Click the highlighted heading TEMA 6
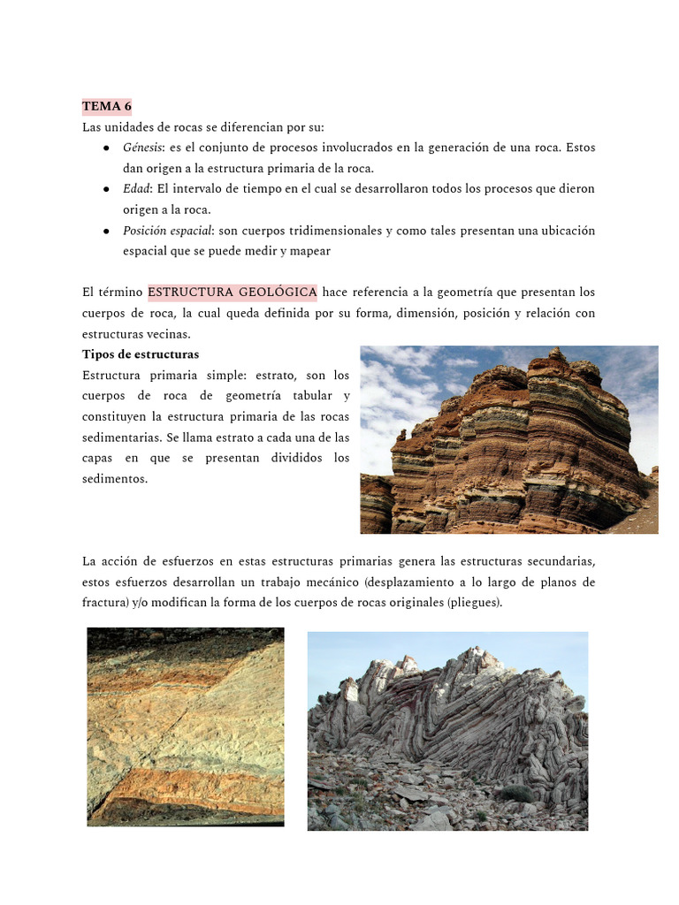(106, 106)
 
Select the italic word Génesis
(141, 148)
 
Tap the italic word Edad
(136, 189)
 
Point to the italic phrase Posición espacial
(167, 231)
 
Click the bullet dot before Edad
(106, 189)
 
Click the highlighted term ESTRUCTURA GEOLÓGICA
(233, 293)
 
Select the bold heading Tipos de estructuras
(141, 354)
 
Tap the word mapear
(309, 251)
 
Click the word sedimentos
(114, 479)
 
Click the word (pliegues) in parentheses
(474, 603)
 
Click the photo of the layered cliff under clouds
(508, 439)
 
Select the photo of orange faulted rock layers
(186, 726)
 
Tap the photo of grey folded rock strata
(447, 731)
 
